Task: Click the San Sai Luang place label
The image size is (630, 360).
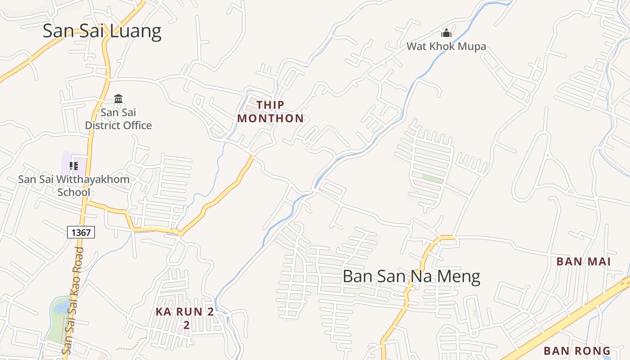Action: click(102, 31)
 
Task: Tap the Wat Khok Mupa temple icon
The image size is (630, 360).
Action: click(446, 33)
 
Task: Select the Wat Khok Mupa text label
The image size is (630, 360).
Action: click(446, 46)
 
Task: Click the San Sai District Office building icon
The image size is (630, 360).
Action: click(118, 99)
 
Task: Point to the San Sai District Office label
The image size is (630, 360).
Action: click(118, 119)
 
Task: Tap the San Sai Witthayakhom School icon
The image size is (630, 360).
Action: click(74, 166)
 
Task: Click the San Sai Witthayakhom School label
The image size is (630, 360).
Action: click(74, 185)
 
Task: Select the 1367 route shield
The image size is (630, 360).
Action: click(81, 232)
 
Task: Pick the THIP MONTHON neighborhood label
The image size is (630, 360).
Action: click(270, 112)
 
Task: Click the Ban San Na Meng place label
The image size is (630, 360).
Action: click(411, 276)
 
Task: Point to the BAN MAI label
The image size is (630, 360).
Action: click(583, 261)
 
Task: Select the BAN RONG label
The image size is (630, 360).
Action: click(577, 351)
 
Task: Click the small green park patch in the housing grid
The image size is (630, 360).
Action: click(432, 179)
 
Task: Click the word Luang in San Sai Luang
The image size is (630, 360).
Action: click(137, 31)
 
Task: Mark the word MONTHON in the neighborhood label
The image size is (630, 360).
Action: click(270, 118)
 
